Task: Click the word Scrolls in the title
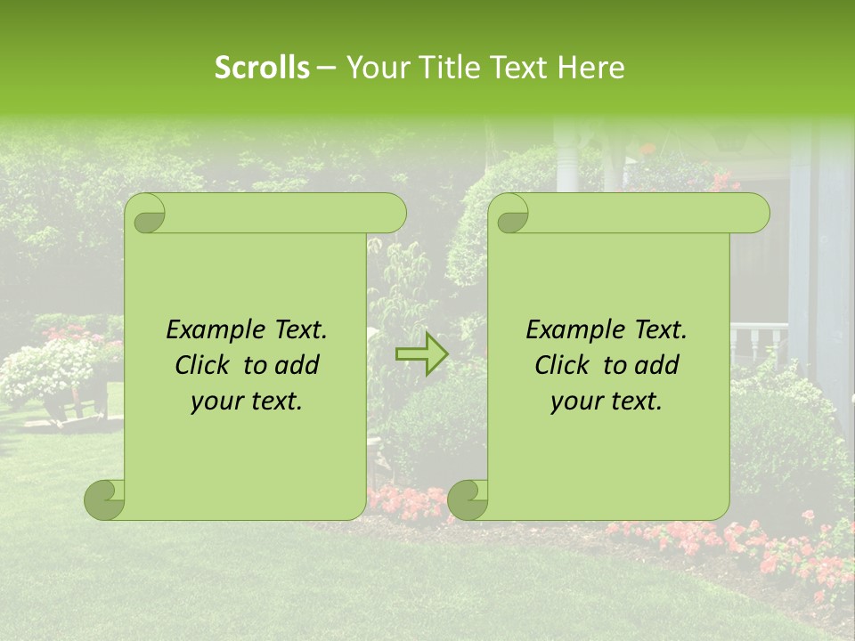pyautogui.click(x=262, y=68)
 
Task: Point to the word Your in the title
pyautogui.click(x=375, y=68)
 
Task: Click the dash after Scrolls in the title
pyautogui.click(x=326, y=69)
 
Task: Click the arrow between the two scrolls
pyautogui.click(x=421, y=355)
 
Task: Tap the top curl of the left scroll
pyautogui.click(x=146, y=214)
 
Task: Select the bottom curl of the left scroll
pyautogui.click(x=104, y=499)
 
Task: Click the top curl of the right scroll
pyautogui.click(x=509, y=214)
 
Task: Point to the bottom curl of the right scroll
pyautogui.click(x=468, y=499)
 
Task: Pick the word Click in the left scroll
pyautogui.click(x=205, y=365)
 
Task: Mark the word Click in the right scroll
pyautogui.click(x=565, y=365)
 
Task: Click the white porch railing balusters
pyautogui.click(x=758, y=343)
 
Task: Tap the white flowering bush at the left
pyautogui.click(x=45, y=369)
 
